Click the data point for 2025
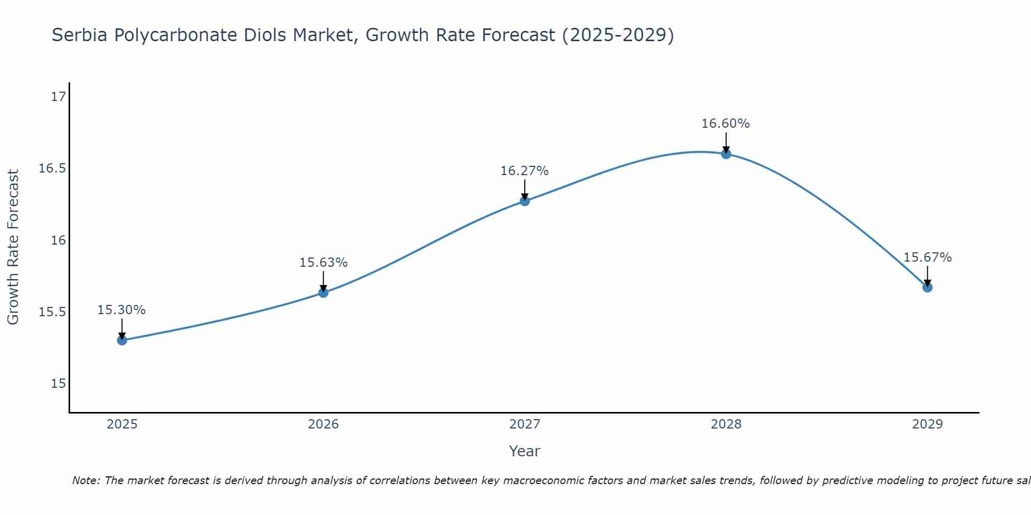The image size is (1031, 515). pos(122,340)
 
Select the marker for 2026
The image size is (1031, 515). pos(323,293)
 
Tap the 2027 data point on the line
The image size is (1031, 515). pos(525,201)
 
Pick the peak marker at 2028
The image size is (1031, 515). pos(726,153)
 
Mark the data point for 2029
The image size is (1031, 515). pos(927,287)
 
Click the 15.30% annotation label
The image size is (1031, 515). pos(122,310)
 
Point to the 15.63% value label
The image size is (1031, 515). pos(323,263)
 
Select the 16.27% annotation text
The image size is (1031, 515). pos(525,171)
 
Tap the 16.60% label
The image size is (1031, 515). pos(726,124)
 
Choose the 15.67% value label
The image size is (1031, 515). pos(927,257)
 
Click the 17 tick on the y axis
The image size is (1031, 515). pos(59,97)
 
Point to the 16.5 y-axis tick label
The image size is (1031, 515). pos(53,168)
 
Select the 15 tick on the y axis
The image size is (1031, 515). pos(59,384)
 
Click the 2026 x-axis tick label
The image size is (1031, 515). pos(323,424)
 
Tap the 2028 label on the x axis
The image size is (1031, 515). pos(726,424)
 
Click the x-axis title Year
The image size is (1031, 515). pos(525,451)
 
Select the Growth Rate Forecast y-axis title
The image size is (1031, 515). pos(13,247)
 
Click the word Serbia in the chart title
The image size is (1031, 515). pos(80,35)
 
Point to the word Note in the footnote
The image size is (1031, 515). pos(86,480)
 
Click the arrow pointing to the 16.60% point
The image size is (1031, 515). pos(726,142)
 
